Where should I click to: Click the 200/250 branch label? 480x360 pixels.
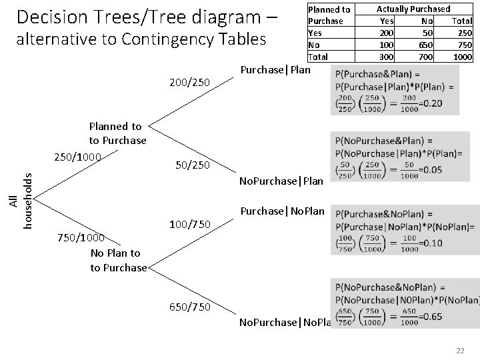point(190,83)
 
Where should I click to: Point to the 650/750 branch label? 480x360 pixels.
point(190,307)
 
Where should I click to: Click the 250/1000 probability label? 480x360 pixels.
point(77,157)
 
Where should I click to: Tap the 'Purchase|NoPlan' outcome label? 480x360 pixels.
point(281,211)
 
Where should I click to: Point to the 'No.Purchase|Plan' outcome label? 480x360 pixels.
point(281,181)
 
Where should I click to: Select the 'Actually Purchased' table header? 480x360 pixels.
point(413,9)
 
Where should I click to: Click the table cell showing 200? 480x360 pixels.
point(385,32)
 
